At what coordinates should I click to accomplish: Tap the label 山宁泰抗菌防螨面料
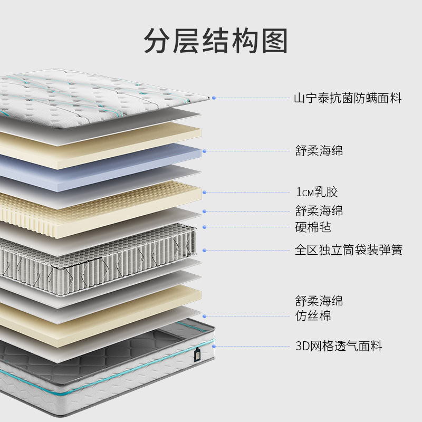coord(348,98)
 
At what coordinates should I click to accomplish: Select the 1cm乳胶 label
coord(317,192)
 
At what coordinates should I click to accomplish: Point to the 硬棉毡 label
coord(313,227)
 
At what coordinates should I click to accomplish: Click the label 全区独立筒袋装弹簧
coord(348,250)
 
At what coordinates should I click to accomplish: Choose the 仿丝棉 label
coord(313,316)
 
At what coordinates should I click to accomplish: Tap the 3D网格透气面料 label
coord(338,346)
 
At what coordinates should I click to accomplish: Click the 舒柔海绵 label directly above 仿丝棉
coord(319,301)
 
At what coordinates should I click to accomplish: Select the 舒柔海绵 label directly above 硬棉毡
coord(319,211)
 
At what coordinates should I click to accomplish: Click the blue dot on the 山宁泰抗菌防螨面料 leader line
coord(214,98)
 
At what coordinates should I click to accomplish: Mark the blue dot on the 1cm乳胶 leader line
coord(204,192)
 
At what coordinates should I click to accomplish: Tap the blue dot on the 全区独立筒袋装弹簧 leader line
coord(204,250)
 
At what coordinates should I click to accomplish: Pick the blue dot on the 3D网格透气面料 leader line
coord(214,346)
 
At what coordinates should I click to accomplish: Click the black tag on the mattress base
coord(197,356)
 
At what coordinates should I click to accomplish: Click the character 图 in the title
coord(273,41)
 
